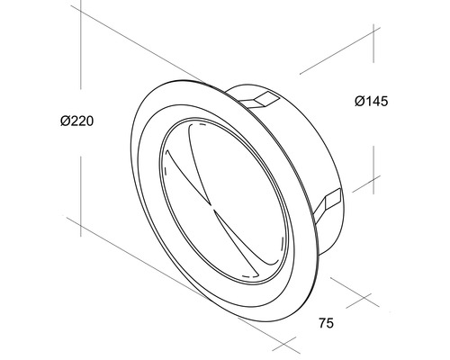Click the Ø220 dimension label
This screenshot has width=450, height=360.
(78, 121)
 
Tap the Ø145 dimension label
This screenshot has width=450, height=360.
(370, 103)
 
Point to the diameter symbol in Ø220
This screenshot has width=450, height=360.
(66, 121)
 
